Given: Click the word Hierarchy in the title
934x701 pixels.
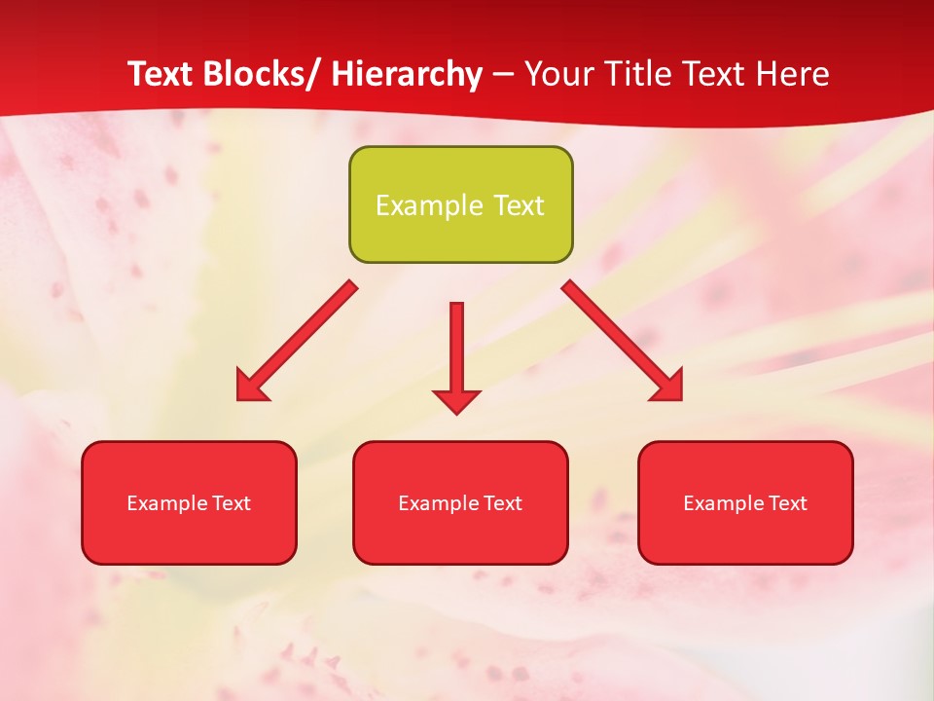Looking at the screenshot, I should (x=407, y=74).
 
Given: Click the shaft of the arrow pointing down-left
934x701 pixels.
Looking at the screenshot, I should (x=309, y=329).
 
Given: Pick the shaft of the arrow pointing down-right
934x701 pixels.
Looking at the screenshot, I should (x=609, y=329).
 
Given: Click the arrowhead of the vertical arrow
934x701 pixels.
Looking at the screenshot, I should (x=456, y=400).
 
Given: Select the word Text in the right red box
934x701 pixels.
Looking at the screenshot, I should (x=787, y=503).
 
